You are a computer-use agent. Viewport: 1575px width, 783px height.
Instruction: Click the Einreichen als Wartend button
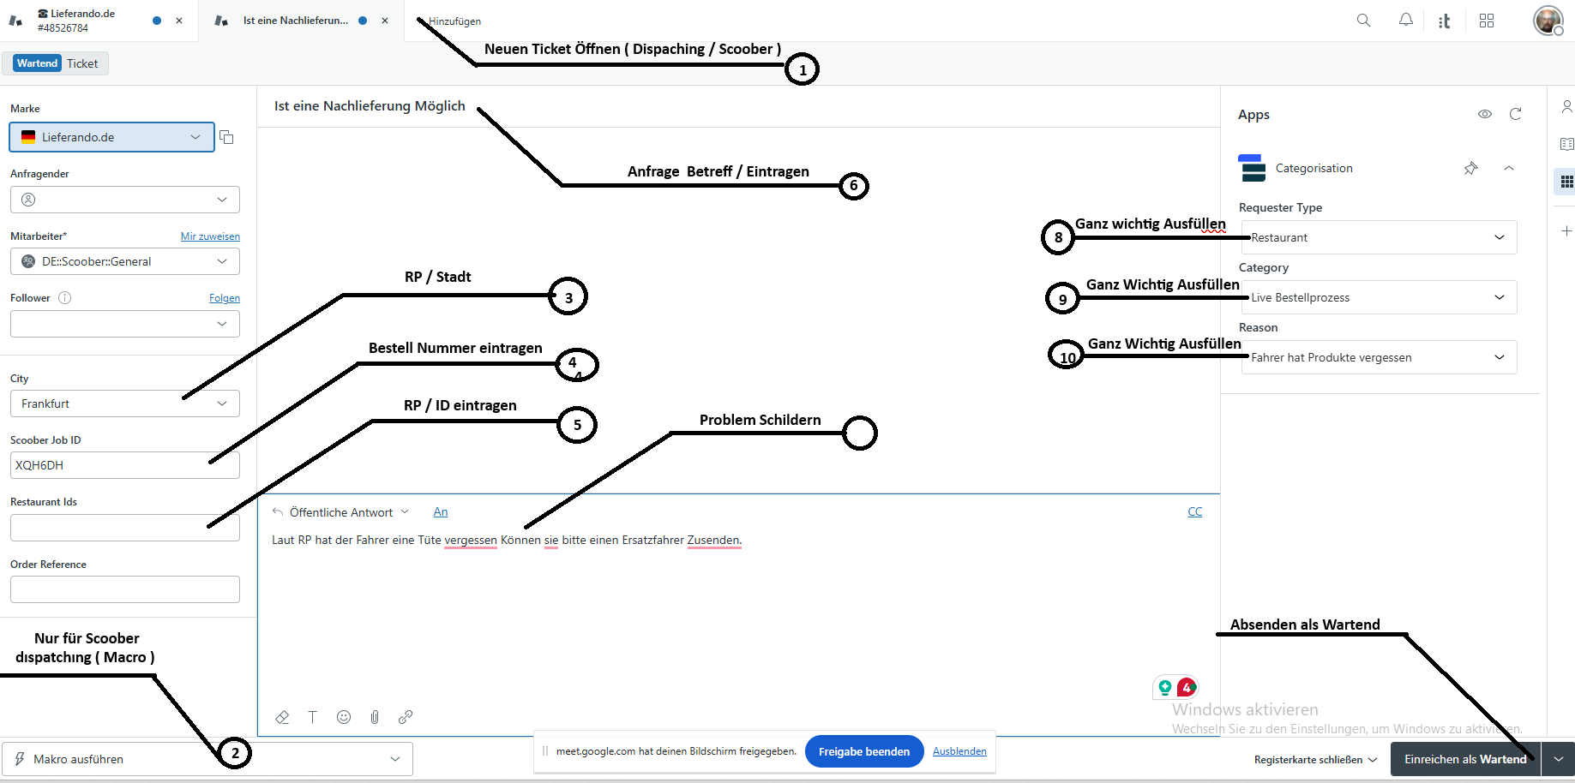pos(1464,759)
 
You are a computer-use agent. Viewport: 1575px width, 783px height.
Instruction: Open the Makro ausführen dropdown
pos(207,759)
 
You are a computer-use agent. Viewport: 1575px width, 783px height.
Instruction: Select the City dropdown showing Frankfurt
pos(124,403)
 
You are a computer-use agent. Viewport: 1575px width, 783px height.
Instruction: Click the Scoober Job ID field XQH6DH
pos(124,465)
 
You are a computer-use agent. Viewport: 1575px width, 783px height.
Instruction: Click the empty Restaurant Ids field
pos(124,528)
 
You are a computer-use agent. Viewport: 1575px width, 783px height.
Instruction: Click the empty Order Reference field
pos(124,589)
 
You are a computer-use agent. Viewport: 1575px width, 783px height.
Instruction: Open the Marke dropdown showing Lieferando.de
pos(111,137)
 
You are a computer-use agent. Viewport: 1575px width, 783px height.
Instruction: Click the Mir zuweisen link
pos(210,236)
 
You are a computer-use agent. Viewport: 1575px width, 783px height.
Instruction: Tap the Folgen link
pos(225,298)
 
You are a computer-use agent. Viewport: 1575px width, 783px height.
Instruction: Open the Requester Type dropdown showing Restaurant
pos(1379,237)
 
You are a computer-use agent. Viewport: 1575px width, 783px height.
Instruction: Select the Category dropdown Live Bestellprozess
pos(1379,297)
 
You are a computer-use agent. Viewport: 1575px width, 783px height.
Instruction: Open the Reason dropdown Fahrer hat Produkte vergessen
pos(1379,357)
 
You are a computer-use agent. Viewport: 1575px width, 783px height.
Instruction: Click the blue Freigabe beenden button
pos(863,751)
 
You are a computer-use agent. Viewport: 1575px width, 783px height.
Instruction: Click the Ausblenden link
pos(959,751)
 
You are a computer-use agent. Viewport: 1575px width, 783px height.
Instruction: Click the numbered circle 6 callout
pos(853,186)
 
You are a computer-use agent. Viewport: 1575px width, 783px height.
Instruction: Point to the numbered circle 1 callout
pos(803,69)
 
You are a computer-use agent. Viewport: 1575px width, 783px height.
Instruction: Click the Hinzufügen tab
pos(454,21)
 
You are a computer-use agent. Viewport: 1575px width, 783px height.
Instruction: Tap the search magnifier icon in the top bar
pos(1363,21)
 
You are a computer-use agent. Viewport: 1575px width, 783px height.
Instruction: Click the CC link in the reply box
pos(1194,511)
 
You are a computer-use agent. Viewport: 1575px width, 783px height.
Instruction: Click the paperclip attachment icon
pos(375,717)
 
